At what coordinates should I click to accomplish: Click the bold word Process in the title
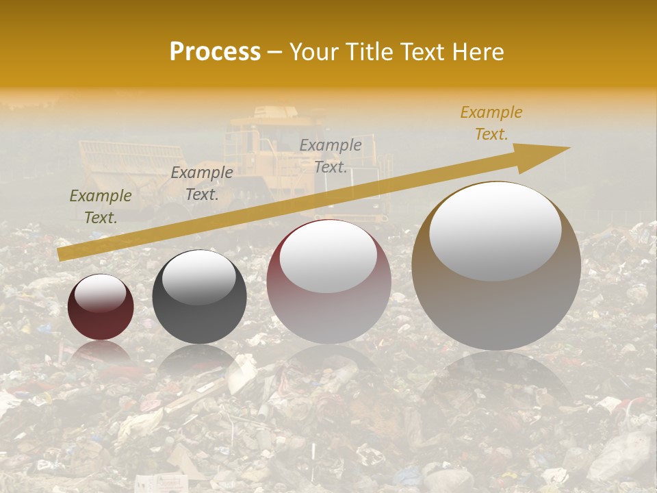(x=215, y=52)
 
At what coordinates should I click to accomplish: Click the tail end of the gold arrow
(x=60, y=254)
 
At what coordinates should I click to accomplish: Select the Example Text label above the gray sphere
(x=202, y=184)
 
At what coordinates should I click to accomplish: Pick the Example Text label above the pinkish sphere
(x=331, y=156)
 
